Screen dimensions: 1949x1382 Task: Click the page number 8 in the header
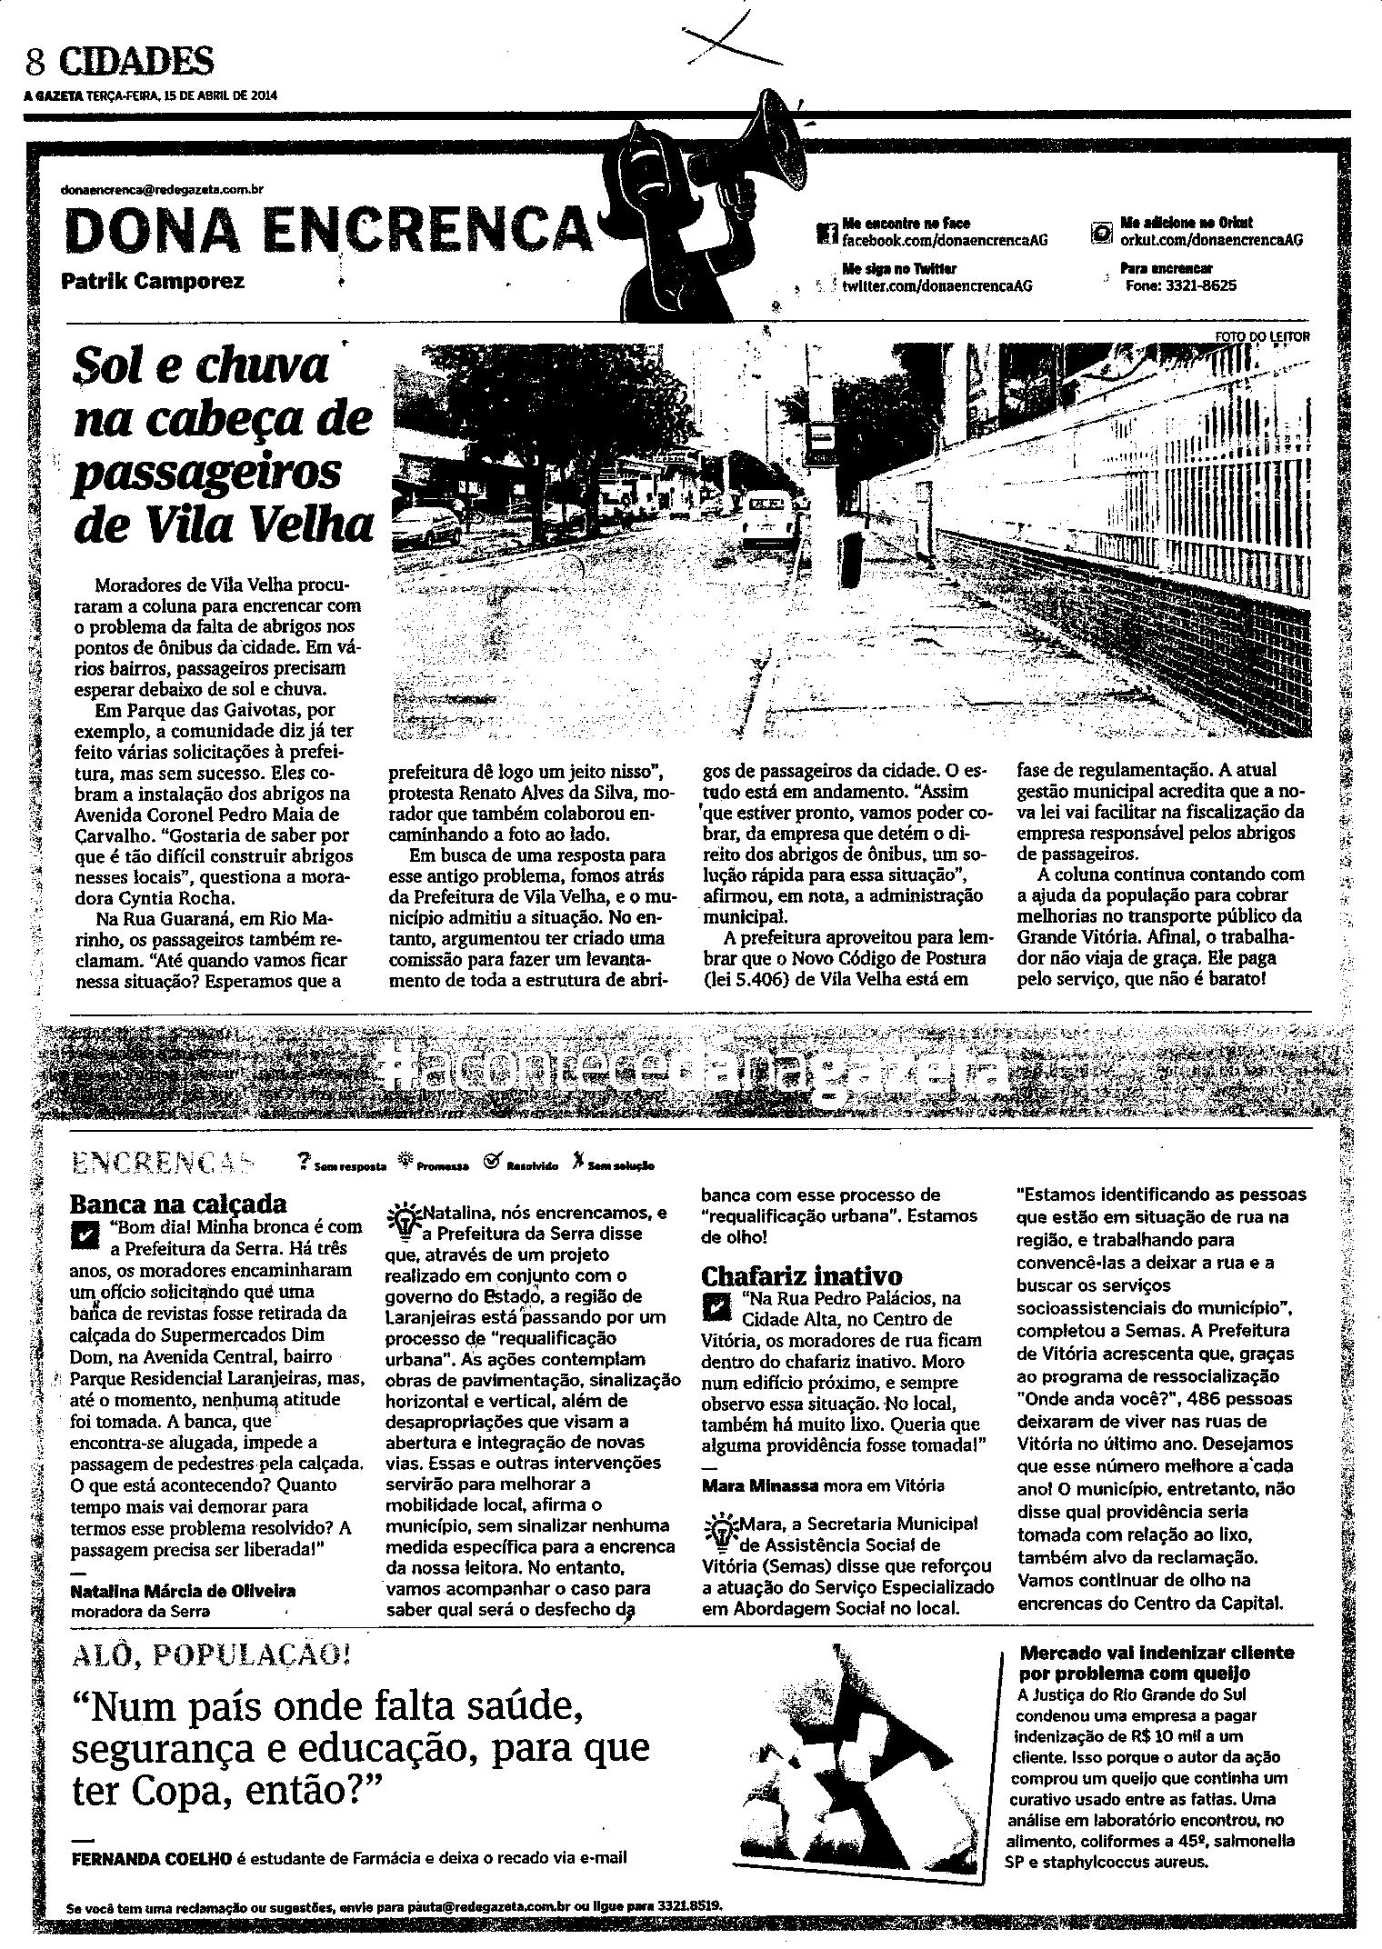click(x=35, y=63)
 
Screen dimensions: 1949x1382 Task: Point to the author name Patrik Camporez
click(x=152, y=281)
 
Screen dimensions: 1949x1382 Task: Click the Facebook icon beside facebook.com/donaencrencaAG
click(x=827, y=234)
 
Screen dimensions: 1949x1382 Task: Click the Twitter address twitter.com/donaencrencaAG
click(x=936, y=285)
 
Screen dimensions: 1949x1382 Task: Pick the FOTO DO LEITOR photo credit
click(x=1262, y=337)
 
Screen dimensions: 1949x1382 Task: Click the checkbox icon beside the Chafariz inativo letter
click(x=716, y=1306)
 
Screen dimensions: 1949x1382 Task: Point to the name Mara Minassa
click(x=760, y=1485)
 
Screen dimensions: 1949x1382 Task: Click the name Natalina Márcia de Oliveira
click(x=182, y=1591)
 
